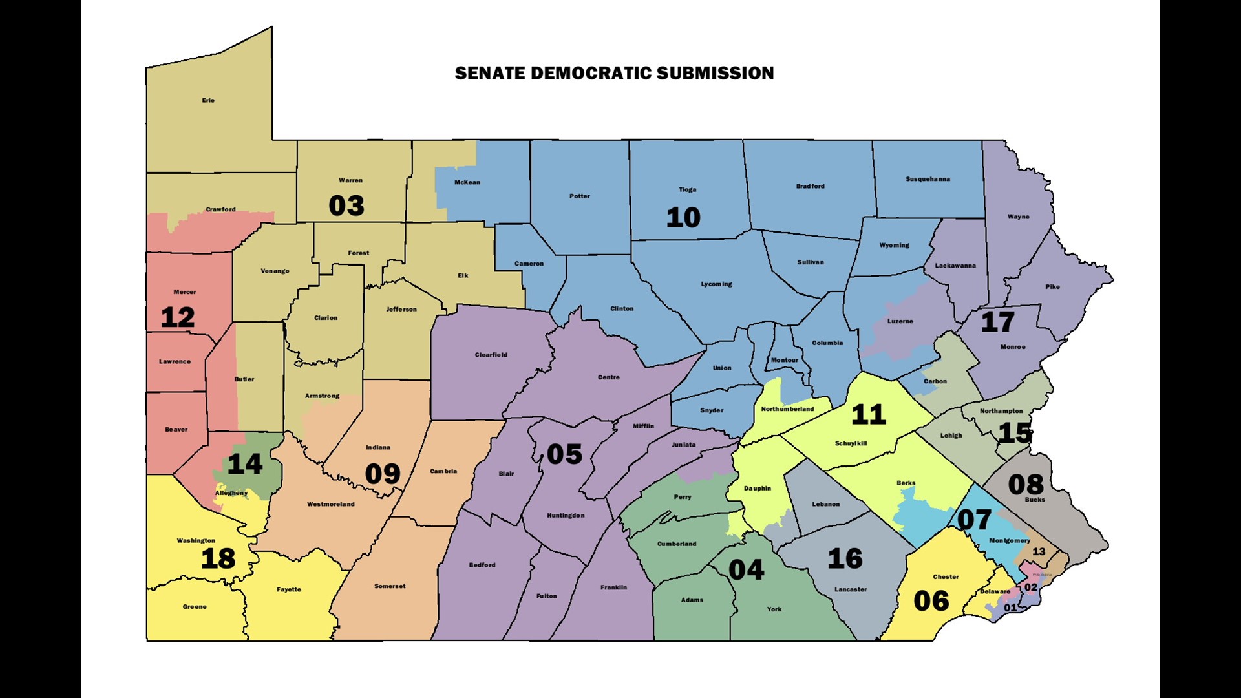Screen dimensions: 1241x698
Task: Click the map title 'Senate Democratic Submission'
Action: click(614, 73)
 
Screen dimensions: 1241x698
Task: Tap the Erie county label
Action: click(208, 100)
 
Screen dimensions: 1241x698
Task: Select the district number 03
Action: click(346, 206)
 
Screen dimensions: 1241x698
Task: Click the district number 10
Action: click(683, 217)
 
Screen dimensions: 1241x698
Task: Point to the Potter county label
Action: click(579, 196)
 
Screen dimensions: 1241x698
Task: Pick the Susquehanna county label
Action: click(928, 179)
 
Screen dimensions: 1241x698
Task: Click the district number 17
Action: click(997, 322)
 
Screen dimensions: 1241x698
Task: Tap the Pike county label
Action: click(1052, 286)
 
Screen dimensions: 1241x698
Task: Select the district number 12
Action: click(178, 317)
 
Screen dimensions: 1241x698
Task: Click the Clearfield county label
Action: click(491, 355)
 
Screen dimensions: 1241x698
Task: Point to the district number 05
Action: click(564, 454)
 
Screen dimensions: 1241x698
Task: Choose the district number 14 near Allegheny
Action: click(244, 464)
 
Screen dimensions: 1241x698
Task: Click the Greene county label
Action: click(195, 606)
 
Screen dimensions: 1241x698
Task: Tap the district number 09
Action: click(383, 474)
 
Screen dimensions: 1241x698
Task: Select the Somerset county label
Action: click(390, 586)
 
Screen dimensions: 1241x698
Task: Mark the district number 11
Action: click(868, 414)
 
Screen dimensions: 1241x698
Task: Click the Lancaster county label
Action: click(851, 589)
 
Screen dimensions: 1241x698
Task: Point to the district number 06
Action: click(931, 601)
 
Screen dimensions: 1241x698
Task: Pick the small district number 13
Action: click(1039, 551)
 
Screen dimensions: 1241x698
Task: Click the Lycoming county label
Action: click(716, 284)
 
